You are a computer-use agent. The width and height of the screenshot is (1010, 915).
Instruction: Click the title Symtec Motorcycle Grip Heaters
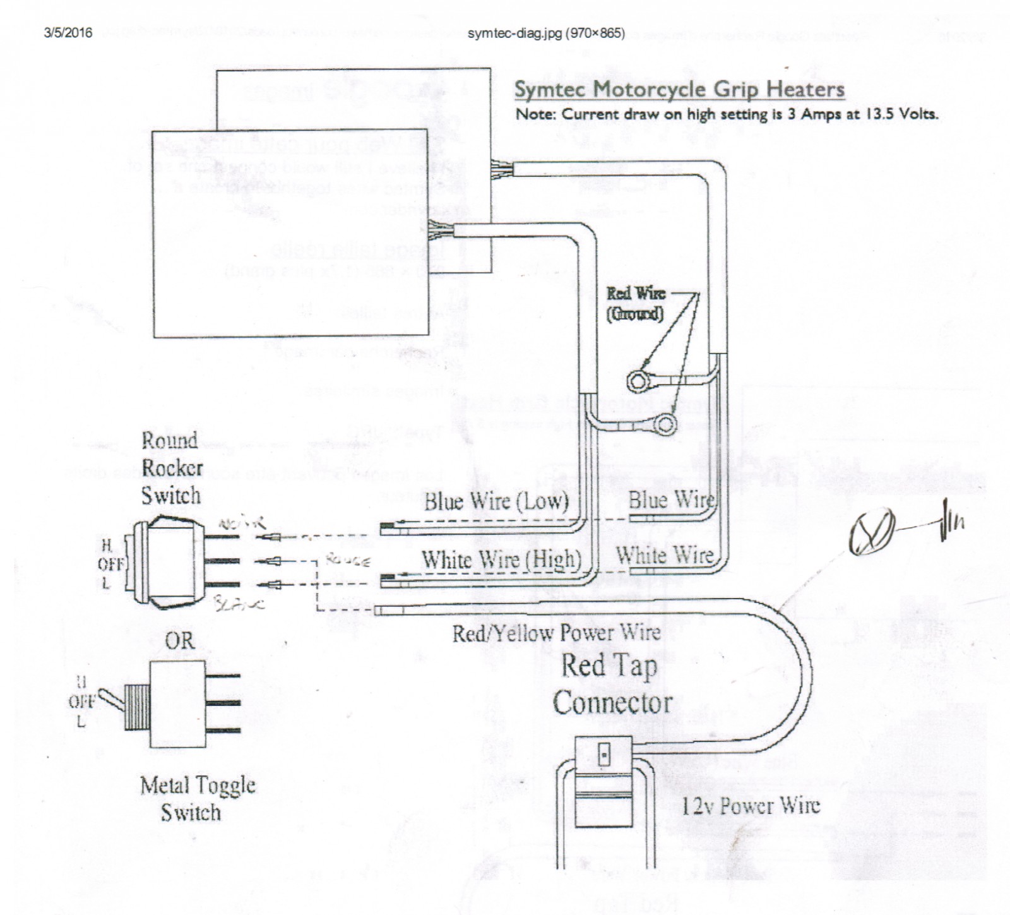pos(679,89)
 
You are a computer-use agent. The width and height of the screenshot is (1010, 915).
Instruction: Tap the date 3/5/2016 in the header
pos(68,33)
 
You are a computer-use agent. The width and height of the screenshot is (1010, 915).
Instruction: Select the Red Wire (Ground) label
pos(636,303)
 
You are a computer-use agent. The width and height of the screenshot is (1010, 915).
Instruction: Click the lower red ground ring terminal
pos(665,424)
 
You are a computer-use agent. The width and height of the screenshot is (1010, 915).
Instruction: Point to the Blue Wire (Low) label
pos(496,502)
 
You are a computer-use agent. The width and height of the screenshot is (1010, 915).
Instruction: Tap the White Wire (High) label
pos(501,559)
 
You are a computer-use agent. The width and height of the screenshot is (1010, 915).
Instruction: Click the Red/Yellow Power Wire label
pos(556,633)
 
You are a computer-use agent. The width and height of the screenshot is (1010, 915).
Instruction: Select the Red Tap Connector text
pos(611,685)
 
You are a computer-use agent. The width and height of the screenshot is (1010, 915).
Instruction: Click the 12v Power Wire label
pos(751,806)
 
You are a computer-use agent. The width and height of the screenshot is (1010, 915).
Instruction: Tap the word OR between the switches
pos(179,641)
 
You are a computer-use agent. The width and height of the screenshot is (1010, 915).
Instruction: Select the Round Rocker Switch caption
pos(170,468)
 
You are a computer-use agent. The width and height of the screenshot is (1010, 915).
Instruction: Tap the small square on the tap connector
pos(604,754)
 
